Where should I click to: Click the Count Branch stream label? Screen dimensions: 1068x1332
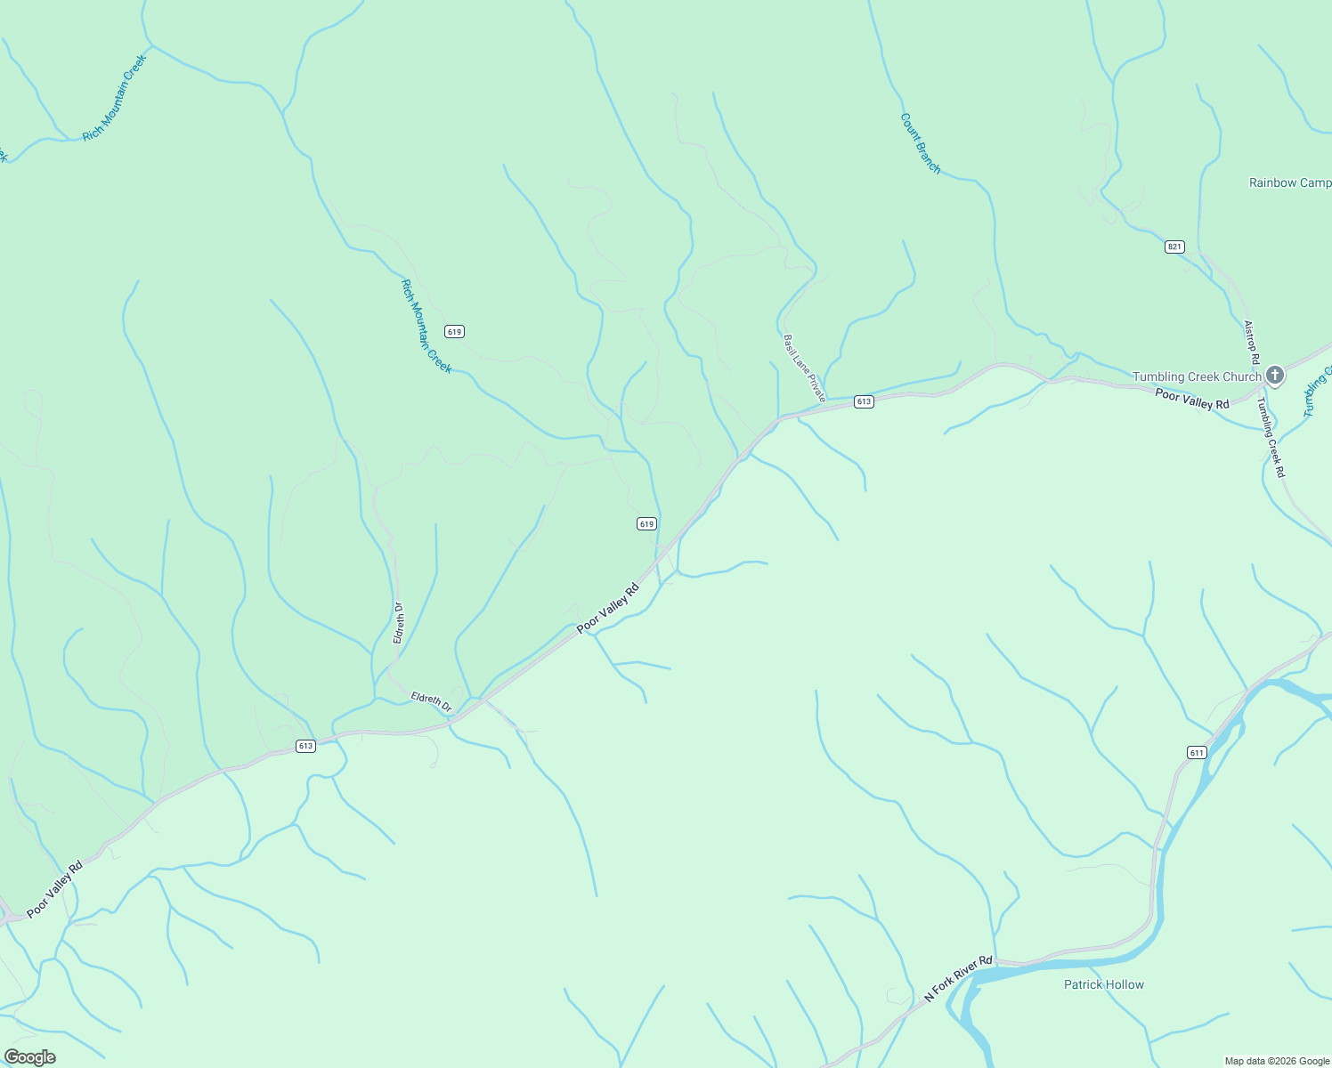[920, 143]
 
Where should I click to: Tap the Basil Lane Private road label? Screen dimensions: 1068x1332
[805, 368]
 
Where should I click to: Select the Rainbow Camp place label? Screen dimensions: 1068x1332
[1289, 182]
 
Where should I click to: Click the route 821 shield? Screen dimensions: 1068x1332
[1174, 247]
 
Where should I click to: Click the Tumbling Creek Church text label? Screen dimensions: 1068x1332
[1197, 376]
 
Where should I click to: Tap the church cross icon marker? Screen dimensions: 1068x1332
[1275, 376]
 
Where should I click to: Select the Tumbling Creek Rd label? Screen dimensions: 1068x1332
[1271, 438]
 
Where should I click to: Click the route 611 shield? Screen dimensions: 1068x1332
[1197, 753]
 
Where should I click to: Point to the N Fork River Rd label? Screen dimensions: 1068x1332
[958, 979]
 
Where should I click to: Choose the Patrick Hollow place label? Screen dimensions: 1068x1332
[1104, 984]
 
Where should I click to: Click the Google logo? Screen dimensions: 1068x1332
[29, 1057]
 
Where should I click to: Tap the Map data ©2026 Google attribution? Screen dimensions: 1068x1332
[1277, 1061]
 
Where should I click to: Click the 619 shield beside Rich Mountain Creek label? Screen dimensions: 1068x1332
[455, 332]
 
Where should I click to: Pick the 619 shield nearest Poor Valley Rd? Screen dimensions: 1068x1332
[647, 524]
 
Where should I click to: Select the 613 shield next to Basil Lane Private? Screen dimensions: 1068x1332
[864, 401]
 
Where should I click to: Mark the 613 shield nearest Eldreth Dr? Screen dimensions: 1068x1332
[305, 746]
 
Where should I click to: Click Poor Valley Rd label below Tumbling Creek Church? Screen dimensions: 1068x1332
[1191, 399]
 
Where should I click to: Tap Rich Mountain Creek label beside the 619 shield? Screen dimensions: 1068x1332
[426, 327]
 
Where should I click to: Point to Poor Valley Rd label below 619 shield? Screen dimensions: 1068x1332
[608, 608]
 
